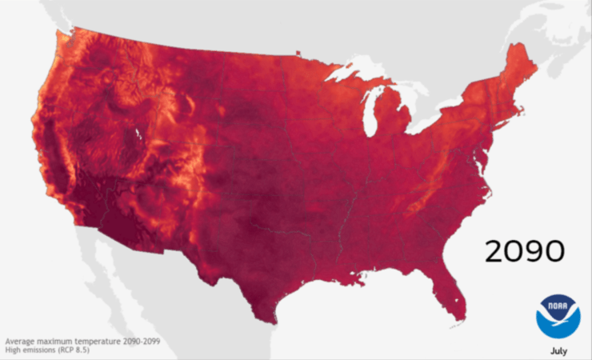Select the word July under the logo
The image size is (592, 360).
[x=559, y=350]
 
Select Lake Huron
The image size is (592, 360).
[x=408, y=96]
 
